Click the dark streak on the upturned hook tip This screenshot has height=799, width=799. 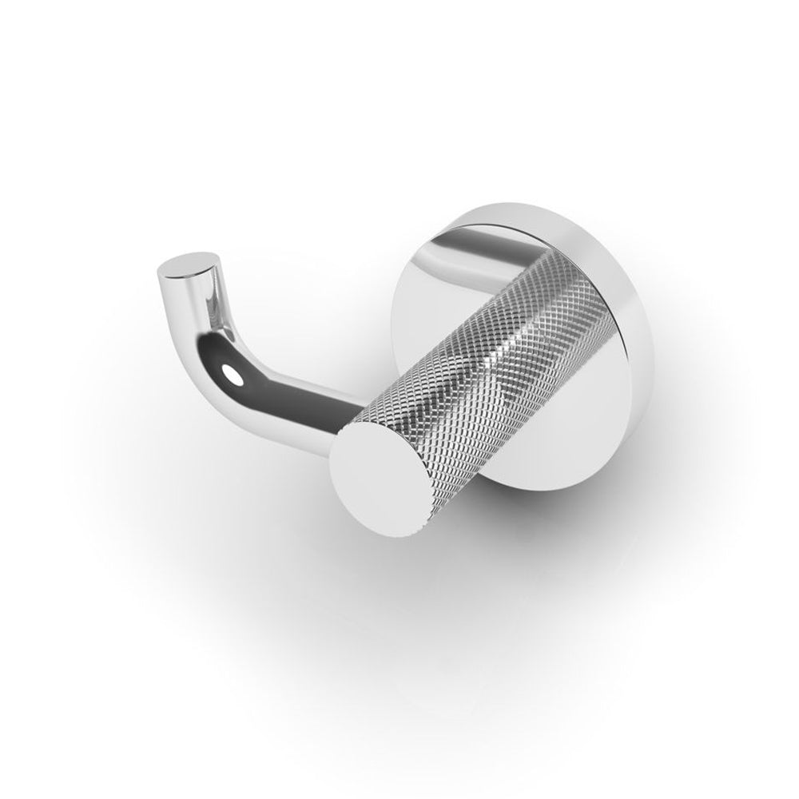point(204,288)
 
